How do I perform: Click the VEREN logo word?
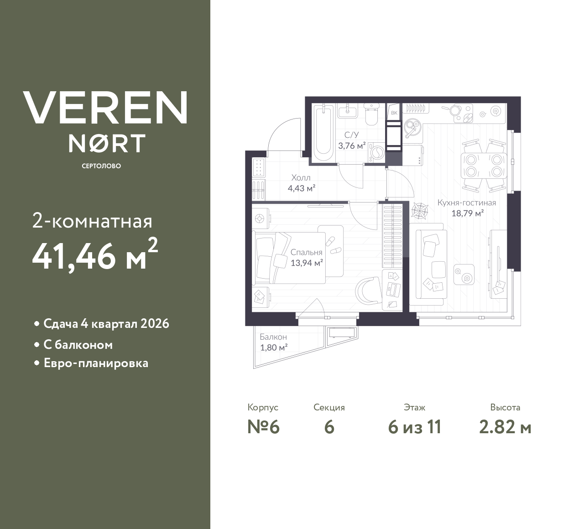click(105, 107)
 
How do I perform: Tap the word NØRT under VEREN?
click(107, 143)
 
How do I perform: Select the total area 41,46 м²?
click(95, 255)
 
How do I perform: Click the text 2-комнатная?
click(92, 222)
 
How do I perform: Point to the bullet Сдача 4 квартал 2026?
click(106, 324)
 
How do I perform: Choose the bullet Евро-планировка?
click(95, 363)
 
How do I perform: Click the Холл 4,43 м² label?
click(301, 182)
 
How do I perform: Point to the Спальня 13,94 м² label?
click(307, 258)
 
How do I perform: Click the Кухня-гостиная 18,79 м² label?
click(466, 207)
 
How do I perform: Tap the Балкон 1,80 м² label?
click(273, 342)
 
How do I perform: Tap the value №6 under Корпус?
click(263, 427)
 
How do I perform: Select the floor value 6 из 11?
click(414, 427)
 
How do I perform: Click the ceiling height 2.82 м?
click(505, 427)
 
